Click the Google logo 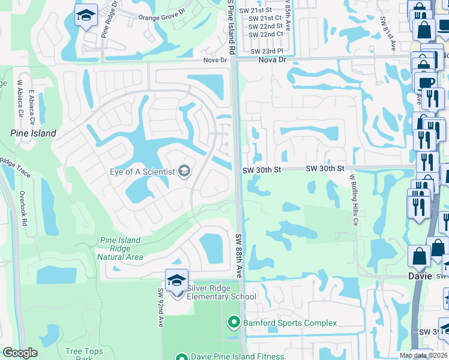coord(20,353)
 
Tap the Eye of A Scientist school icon coord(184,172)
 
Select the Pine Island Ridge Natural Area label coord(120,248)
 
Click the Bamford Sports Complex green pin coord(235,323)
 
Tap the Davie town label coord(420,277)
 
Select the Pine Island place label coord(33,133)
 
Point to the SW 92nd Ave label coord(161,308)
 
